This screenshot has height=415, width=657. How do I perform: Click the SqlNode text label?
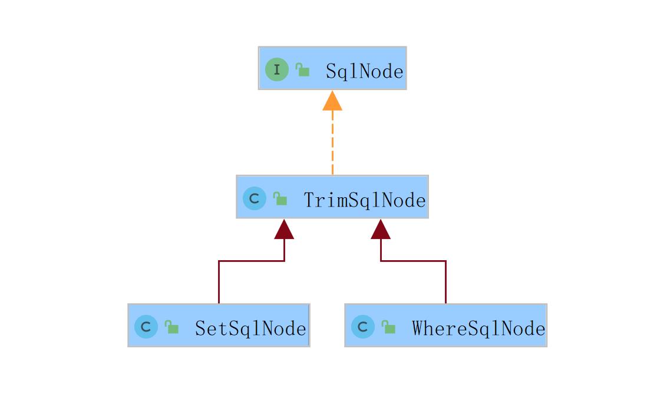click(x=364, y=71)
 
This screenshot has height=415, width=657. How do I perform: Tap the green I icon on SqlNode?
click(x=276, y=69)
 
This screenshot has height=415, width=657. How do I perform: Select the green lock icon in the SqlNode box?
click(x=302, y=69)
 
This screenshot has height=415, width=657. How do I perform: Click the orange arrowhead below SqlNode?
click(x=332, y=101)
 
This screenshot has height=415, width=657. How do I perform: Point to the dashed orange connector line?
click(x=332, y=142)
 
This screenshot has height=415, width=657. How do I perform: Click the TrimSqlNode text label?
click(x=364, y=200)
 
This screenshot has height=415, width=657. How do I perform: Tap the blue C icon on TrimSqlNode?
click(x=255, y=198)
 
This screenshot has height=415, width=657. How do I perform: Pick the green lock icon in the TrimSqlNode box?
click(x=280, y=198)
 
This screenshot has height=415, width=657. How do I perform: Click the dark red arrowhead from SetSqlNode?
click(x=284, y=230)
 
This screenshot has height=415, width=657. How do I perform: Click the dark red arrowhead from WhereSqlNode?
click(x=381, y=230)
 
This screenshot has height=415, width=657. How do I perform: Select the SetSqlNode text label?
click(x=250, y=328)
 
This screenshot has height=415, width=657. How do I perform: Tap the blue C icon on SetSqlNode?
click(x=146, y=327)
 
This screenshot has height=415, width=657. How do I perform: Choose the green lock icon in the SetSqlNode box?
click(x=171, y=327)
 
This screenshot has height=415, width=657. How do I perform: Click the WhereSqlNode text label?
click(x=478, y=328)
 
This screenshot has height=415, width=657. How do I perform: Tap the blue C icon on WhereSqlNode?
click(x=363, y=327)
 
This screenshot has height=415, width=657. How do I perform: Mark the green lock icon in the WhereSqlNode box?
click(x=388, y=327)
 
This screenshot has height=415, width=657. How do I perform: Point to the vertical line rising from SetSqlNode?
click(x=219, y=282)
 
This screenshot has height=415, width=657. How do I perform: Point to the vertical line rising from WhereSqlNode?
click(x=446, y=282)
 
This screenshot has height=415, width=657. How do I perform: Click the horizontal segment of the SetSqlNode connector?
click(x=252, y=261)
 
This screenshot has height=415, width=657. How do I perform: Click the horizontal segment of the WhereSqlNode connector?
click(x=413, y=261)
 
